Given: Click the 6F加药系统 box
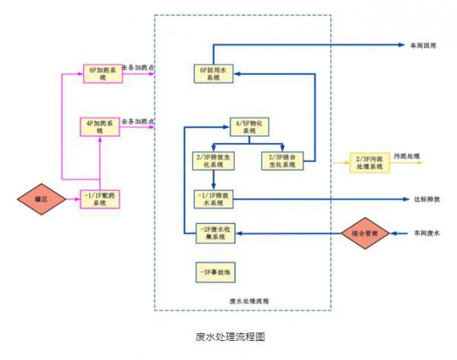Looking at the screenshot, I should click(x=101, y=74).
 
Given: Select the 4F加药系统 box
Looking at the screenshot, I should click(x=100, y=126).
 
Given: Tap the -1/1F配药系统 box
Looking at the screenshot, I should click(x=100, y=199).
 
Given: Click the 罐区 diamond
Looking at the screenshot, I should click(x=40, y=199).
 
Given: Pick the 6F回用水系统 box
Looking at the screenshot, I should click(x=213, y=74).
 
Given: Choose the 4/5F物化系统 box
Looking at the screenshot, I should click(x=249, y=126).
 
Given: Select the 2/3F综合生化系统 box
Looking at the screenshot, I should click(x=281, y=161).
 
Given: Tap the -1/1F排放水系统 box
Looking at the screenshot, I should click(x=213, y=199).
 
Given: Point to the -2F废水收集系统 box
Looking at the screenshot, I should click(x=214, y=233).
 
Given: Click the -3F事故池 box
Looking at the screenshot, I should click(x=213, y=272).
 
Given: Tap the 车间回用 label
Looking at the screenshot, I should click(x=424, y=46).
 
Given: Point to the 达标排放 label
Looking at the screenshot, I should click(x=427, y=199).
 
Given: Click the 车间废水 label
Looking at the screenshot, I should click(x=427, y=232).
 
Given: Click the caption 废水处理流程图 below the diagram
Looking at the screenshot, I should click(x=229, y=336).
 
